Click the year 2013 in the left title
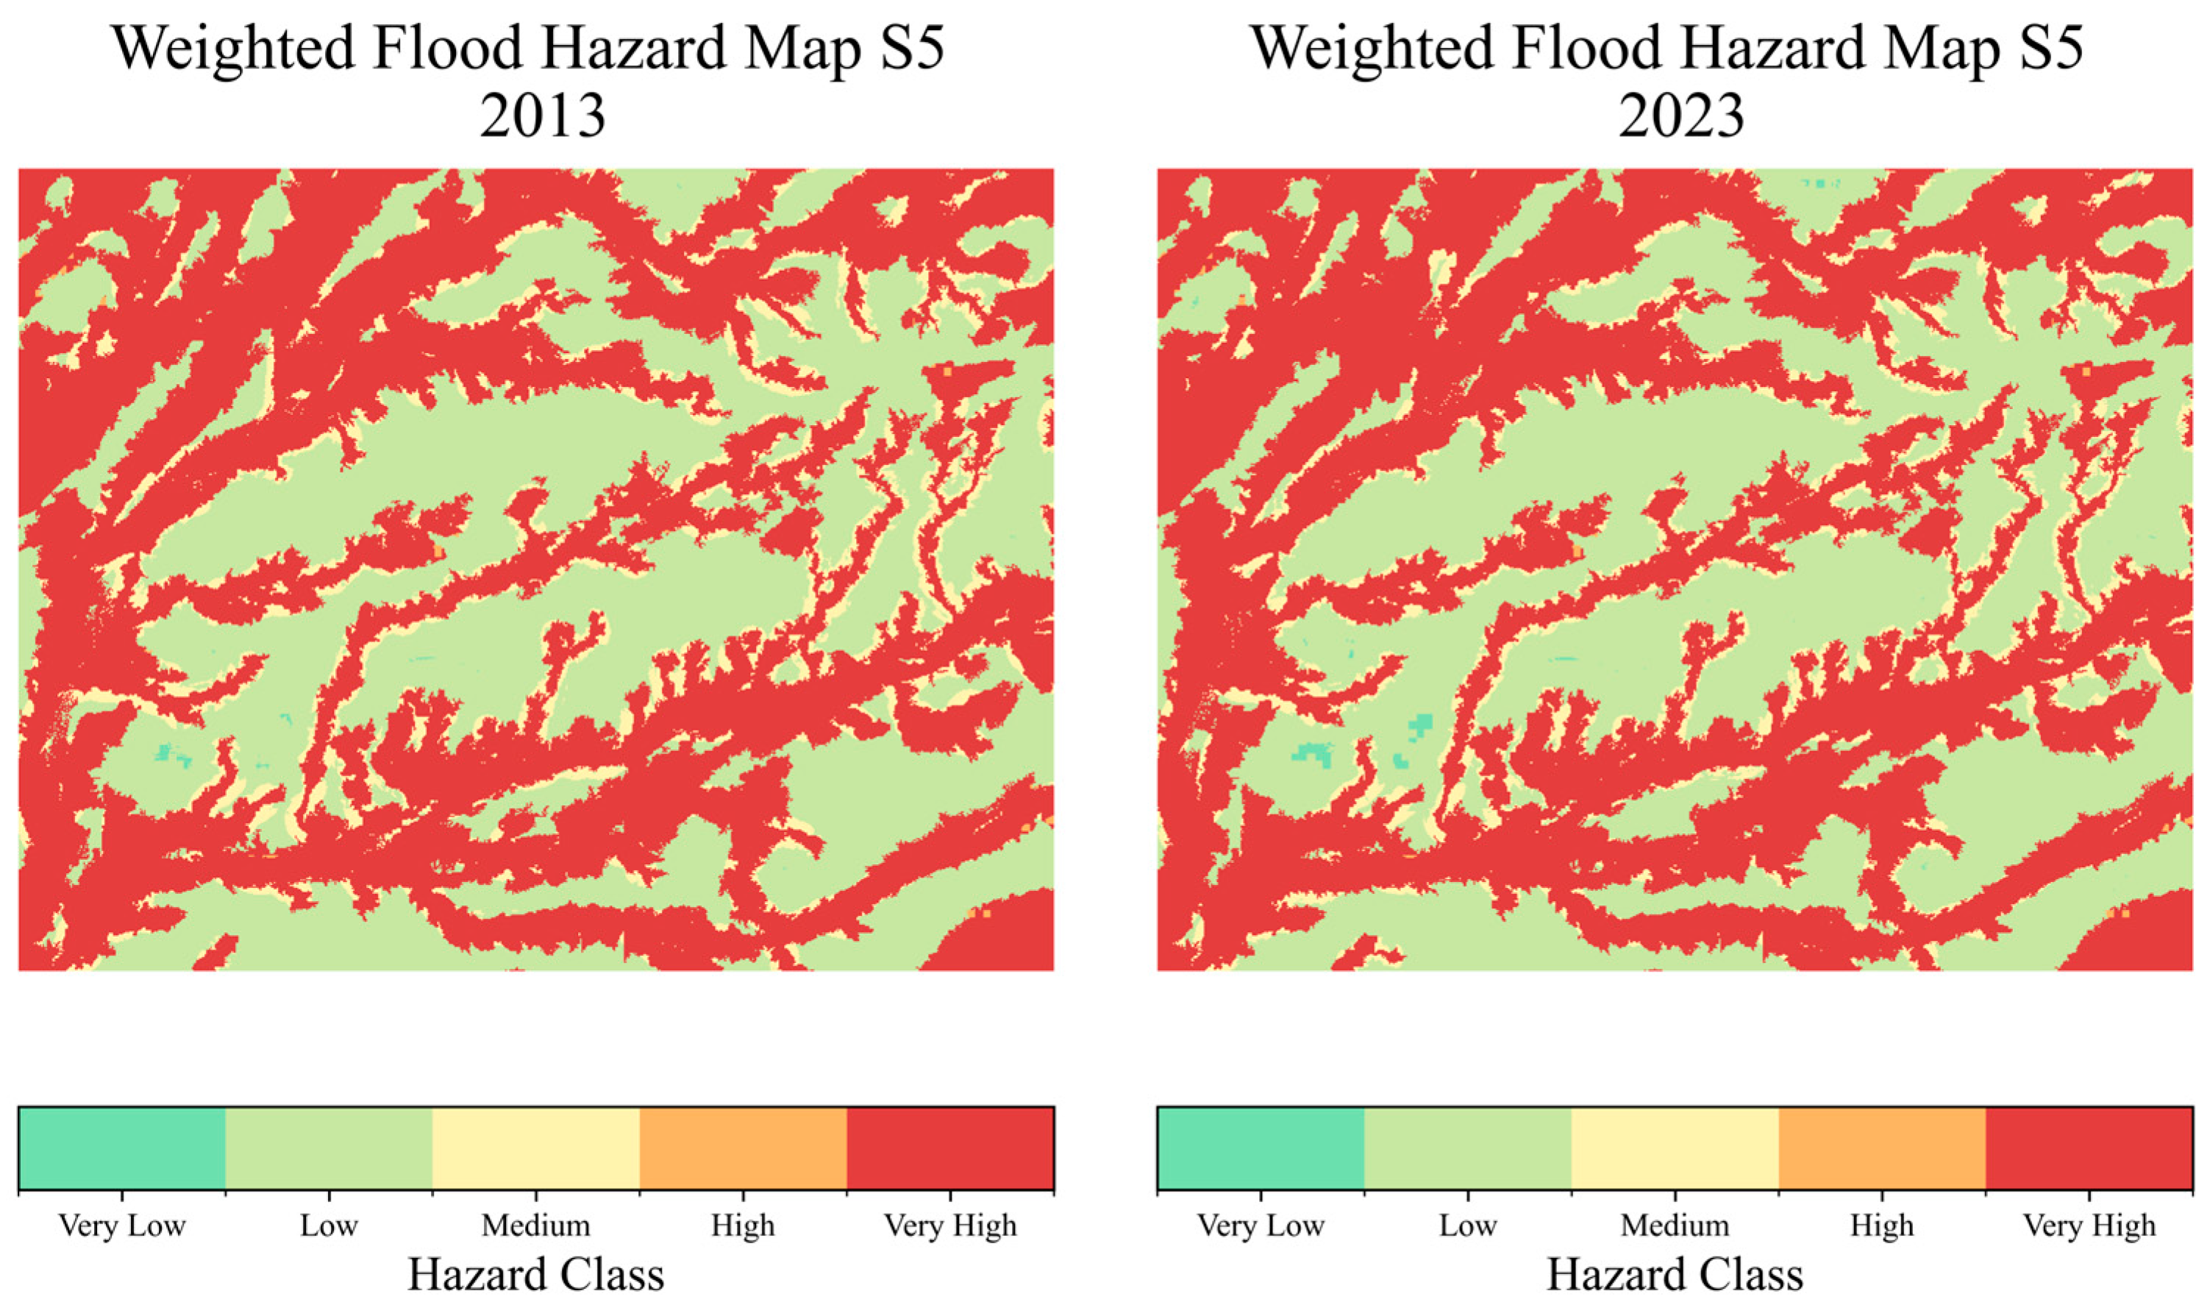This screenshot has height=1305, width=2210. click(x=543, y=116)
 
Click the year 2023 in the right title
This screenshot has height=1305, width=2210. click(x=1680, y=116)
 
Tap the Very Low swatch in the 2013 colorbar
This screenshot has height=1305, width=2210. click(x=121, y=1148)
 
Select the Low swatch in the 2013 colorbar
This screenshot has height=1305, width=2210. click(x=329, y=1148)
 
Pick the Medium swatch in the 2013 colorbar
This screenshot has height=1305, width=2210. click(x=536, y=1148)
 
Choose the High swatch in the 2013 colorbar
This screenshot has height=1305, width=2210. click(x=743, y=1148)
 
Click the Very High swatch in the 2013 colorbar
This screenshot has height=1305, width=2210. click(x=950, y=1148)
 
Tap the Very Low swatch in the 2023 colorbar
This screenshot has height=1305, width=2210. click(x=1261, y=1148)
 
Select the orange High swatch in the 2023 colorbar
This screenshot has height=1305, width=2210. click(x=1882, y=1148)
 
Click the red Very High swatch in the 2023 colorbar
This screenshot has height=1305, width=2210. click(x=2089, y=1148)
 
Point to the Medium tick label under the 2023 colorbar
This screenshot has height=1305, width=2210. click(x=1675, y=1225)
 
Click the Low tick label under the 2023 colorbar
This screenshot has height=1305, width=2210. click(x=1467, y=1225)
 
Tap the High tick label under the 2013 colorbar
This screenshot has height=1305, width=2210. click(x=743, y=1225)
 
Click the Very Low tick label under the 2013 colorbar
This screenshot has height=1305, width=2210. click(x=121, y=1225)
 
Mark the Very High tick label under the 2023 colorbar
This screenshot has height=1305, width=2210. click(x=2089, y=1225)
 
